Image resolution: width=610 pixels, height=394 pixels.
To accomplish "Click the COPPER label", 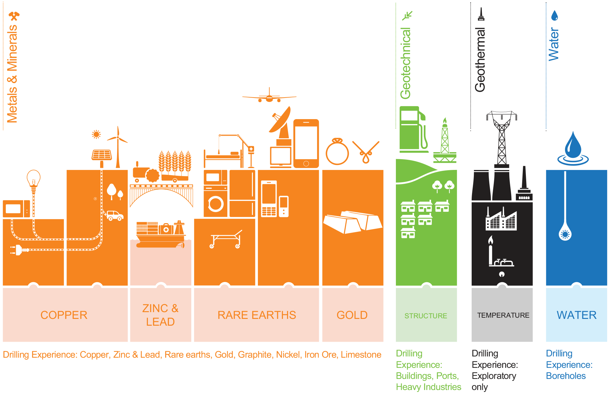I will pos(64,315).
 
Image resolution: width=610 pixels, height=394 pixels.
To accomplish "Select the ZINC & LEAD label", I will pos(160,315).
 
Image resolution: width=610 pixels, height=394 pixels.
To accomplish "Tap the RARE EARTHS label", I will pos(257,315).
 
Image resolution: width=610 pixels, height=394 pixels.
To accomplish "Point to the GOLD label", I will pos(352,315).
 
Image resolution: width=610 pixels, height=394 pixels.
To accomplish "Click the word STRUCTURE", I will pos(426,316).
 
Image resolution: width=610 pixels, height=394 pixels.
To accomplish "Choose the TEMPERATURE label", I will pos(503,315).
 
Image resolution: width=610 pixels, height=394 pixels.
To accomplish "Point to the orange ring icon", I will pos(337,151).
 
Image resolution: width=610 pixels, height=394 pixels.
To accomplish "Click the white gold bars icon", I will pos(352,222).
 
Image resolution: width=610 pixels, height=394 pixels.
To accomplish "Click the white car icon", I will pos(115,215).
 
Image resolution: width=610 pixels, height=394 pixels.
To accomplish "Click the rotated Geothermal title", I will pos(480,60).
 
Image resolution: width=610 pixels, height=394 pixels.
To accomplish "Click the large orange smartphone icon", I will pos(306,143).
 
